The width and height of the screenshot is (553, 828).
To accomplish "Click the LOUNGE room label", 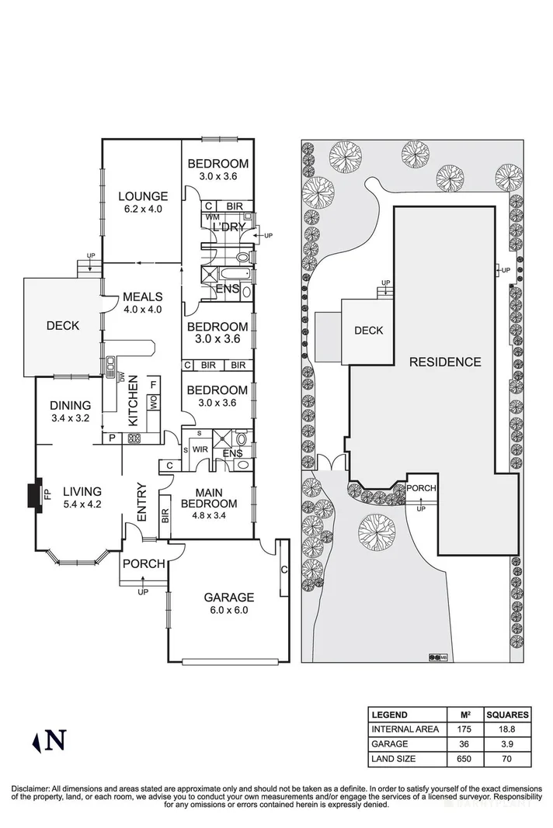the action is (x=142, y=196).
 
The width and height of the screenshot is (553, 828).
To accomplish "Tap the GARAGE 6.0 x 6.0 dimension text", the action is (x=228, y=611).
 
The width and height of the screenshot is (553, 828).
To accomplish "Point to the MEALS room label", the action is (x=142, y=296).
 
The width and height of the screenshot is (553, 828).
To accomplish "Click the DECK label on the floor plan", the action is (x=62, y=326).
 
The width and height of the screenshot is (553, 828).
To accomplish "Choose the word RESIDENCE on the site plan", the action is (x=445, y=362).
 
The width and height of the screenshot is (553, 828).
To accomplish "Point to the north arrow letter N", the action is (x=55, y=741).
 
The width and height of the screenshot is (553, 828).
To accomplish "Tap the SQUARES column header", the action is (x=507, y=715).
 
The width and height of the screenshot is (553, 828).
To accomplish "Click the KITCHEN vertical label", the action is (x=133, y=400).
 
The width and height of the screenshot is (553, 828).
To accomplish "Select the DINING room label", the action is (x=70, y=405).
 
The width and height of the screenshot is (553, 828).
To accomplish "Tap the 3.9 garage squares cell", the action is (x=507, y=743).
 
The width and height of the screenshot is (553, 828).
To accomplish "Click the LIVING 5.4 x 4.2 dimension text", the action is (x=82, y=504).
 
